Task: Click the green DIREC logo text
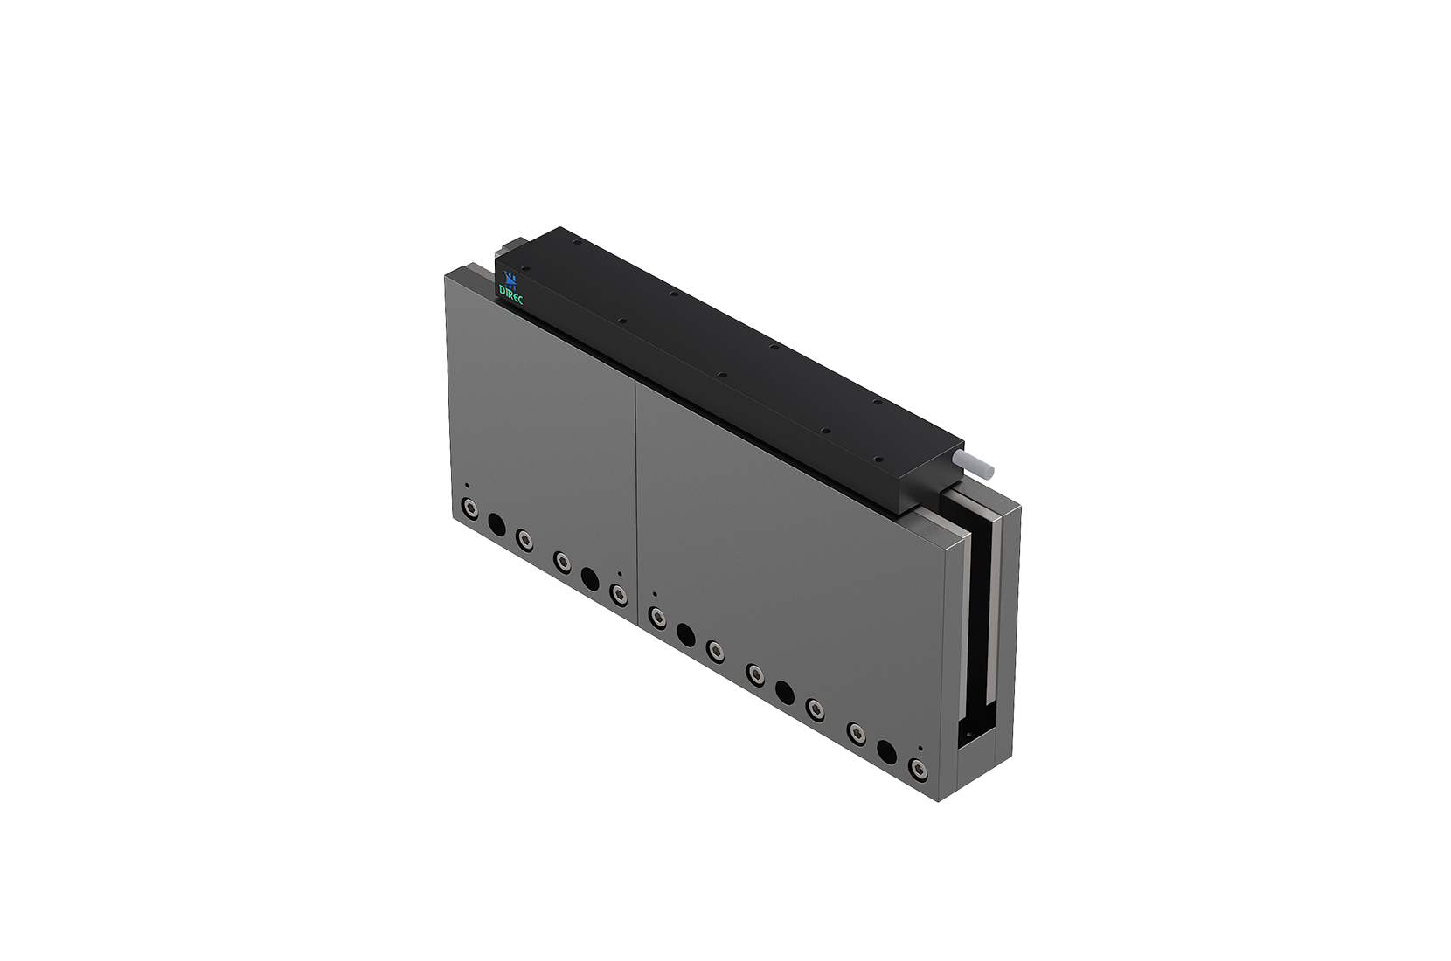coord(510,293)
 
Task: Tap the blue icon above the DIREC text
coord(510,280)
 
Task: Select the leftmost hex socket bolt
coord(469,508)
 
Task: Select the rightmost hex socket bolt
coord(917,769)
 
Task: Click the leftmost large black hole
coord(496,524)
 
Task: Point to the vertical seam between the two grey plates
coord(635,489)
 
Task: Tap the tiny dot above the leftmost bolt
coord(467,486)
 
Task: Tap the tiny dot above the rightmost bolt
coord(920,748)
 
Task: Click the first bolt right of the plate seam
coord(657,619)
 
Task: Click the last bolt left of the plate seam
coord(619,595)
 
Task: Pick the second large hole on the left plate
coord(590,578)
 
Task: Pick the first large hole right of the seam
coord(686,634)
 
